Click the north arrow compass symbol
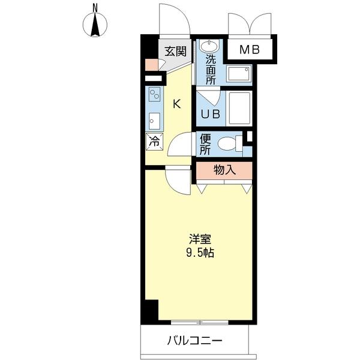coord(95,25)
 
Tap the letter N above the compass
coord(95,7)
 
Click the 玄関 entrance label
coord(176,51)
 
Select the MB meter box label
coord(250,50)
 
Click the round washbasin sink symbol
coord(209,46)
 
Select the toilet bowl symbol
coord(227,143)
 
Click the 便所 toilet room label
coord(206,143)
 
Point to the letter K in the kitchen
coord(176,104)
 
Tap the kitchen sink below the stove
coord(154,121)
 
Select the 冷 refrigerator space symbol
coord(154,143)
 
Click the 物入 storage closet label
coord(224,170)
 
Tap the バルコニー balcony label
coord(194,341)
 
